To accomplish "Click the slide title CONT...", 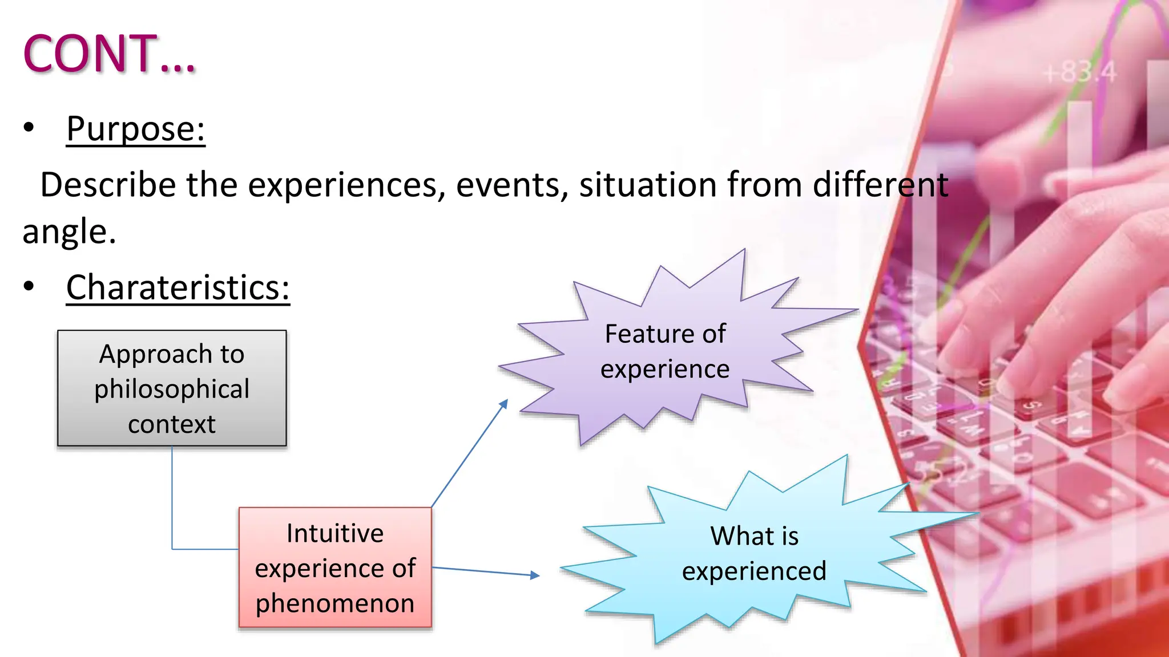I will tap(108, 54).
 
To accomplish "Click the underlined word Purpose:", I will tap(135, 128).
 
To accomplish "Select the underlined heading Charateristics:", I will tap(178, 287).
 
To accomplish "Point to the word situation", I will tap(648, 185).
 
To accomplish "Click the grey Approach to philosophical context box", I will tap(172, 388).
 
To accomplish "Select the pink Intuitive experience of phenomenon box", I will tap(335, 567).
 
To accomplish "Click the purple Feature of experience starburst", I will tap(665, 351).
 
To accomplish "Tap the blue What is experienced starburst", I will tap(753, 553).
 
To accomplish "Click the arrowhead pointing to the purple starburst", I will tap(503, 403).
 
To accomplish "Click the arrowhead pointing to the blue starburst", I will tap(535, 575).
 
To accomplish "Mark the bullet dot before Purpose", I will tap(29, 128).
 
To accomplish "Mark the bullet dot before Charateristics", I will tap(29, 286).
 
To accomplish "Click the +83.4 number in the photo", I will tap(1079, 72).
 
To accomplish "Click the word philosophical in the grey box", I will tap(172, 389).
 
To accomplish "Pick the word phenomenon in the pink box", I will tap(335, 603).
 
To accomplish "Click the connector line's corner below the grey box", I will tap(172, 549).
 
